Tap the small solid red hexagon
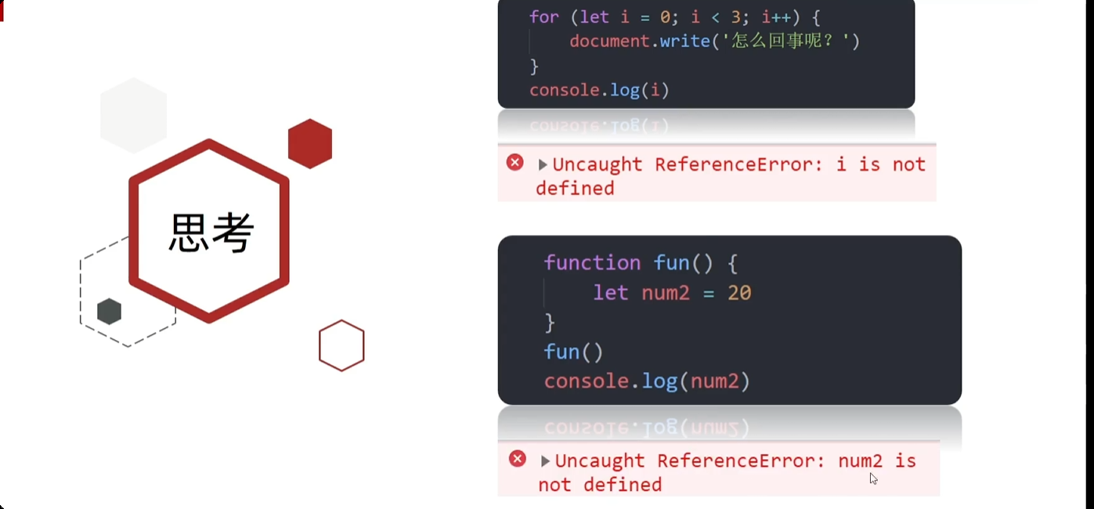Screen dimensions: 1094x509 [x=310, y=143]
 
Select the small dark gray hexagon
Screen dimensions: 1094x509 [x=110, y=312]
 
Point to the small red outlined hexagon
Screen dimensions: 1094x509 [x=341, y=345]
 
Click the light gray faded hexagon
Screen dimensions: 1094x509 [x=134, y=115]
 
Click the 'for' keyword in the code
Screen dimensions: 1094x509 [x=544, y=17]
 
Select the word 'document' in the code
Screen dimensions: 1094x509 [x=610, y=41]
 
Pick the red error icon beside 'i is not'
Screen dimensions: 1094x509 [x=515, y=163]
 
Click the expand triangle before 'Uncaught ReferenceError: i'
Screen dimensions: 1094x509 [x=543, y=164]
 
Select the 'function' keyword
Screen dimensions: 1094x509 [x=592, y=262]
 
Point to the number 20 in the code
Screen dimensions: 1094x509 [x=739, y=293]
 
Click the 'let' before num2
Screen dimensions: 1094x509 [x=610, y=293]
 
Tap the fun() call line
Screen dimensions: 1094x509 [x=573, y=352]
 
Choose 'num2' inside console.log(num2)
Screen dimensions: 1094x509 [x=714, y=381]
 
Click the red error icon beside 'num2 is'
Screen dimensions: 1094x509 [x=518, y=459]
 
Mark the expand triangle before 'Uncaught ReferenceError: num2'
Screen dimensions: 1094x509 [x=545, y=461]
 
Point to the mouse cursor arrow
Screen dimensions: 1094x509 [x=873, y=478]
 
